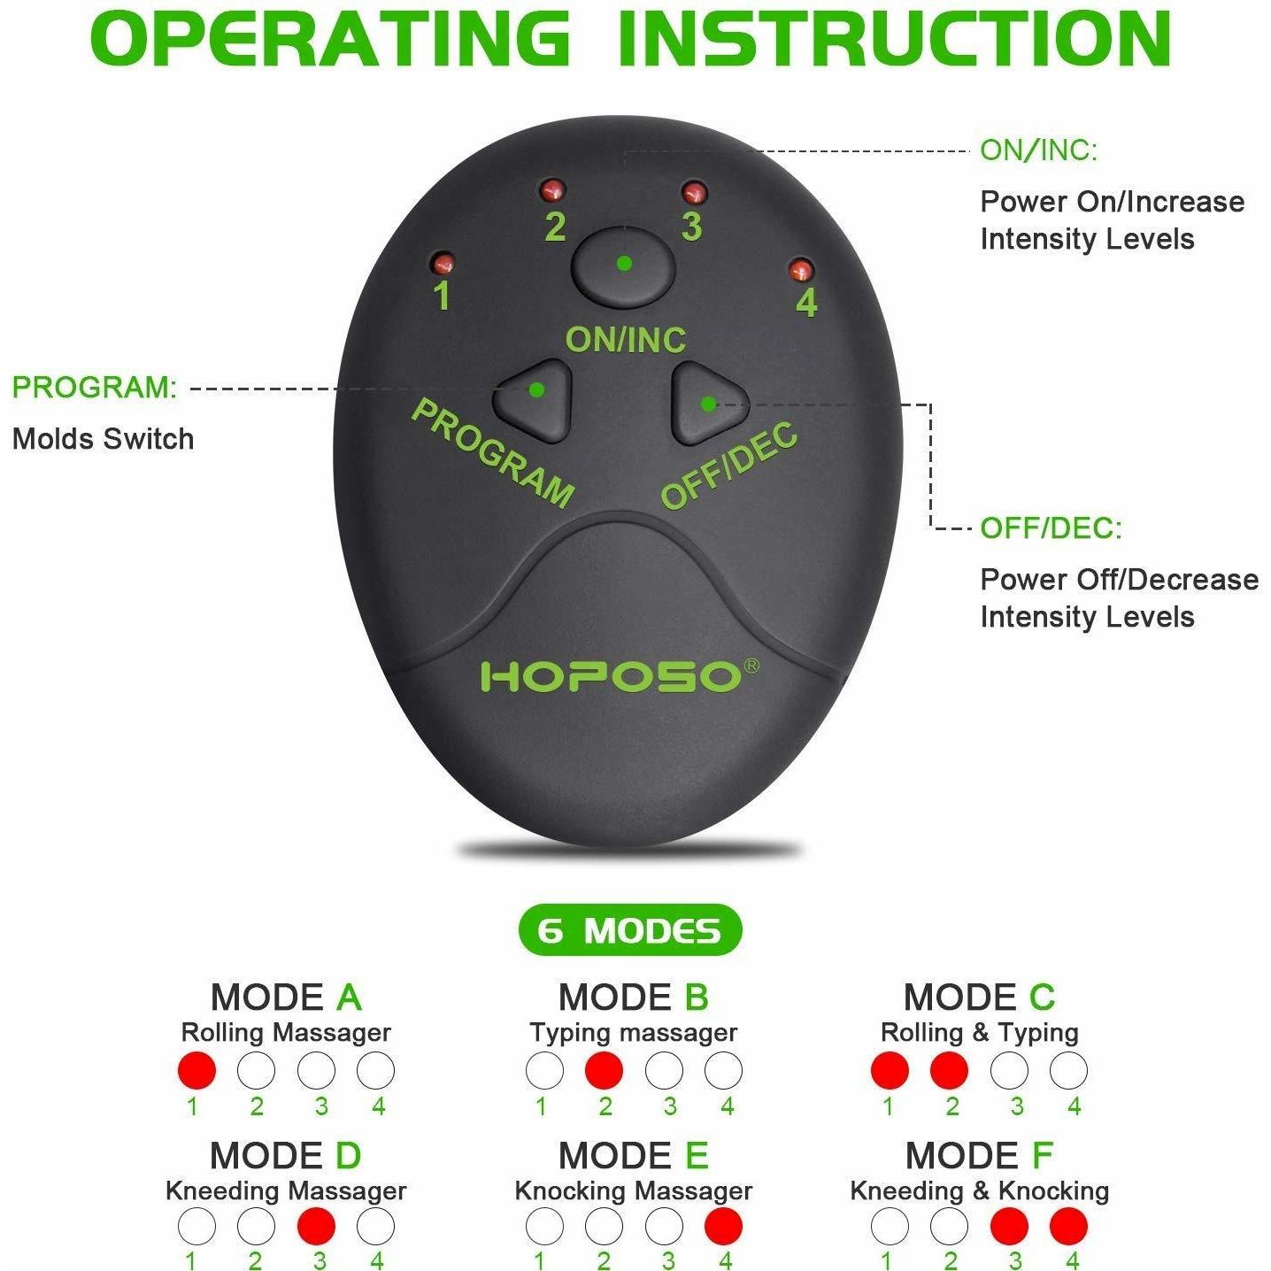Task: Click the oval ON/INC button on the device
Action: (623, 266)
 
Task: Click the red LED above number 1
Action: (442, 263)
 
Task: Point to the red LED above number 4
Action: (801, 269)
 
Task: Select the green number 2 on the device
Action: (555, 227)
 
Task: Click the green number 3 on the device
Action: (691, 227)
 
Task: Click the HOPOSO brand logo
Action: (612, 677)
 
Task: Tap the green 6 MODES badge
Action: (630, 930)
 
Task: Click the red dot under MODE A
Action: (196, 1070)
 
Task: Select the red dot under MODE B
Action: (604, 1070)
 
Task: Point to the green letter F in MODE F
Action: (1042, 1155)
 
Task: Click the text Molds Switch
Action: (103, 439)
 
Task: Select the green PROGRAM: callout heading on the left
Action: (95, 387)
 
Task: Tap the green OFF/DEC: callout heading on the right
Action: (1051, 528)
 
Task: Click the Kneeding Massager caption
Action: (286, 1190)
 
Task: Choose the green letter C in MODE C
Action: (1042, 997)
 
